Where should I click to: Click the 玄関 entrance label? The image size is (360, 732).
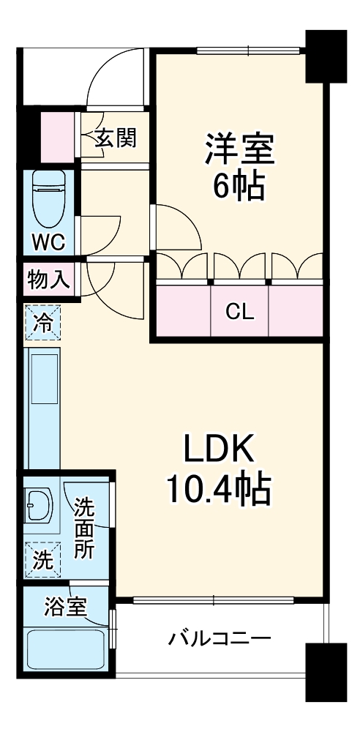[x=116, y=137]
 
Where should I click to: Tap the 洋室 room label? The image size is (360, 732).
[x=239, y=149]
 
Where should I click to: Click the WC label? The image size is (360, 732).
[x=48, y=241]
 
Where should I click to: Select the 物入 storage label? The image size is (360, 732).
[x=48, y=279]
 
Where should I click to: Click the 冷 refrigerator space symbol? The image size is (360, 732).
[x=43, y=323]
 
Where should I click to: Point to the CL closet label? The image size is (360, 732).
[x=239, y=313]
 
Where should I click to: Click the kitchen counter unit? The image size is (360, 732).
[x=43, y=407]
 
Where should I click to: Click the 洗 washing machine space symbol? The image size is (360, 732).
[x=42, y=561]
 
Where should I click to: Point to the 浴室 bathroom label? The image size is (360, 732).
[x=66, y=606]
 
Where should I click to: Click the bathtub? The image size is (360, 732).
[x=65, y=651]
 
